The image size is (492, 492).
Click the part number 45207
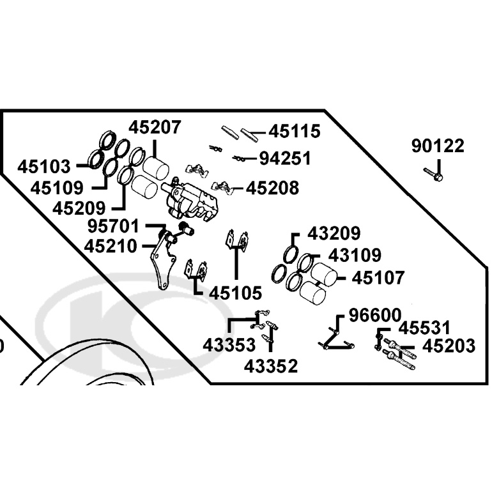[x=155, y=127]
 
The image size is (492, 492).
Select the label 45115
[x=295, y=131]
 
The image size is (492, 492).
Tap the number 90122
[x=438, y=146]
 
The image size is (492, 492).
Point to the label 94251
[x=285, y=158]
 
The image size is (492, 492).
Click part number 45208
[x=272, y=188]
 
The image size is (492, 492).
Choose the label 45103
[x=44, y=166]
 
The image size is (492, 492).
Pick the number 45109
[x=57, y=188]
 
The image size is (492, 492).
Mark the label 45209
[x=79, y=208]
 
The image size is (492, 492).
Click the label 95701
[x=113, y=226]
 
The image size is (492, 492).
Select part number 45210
[x=111, y=246]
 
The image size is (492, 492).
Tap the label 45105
[x=235, y=293]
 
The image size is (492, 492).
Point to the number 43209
[x=334, y=233]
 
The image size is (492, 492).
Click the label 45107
[x=378, y=278]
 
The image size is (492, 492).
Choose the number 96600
[x=375, y=315]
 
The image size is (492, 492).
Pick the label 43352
[x=271, y=366]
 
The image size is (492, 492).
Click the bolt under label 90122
[x=433, y=174]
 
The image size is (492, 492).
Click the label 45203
[x=449, y=346]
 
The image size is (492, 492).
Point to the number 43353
[x=229, y=345]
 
